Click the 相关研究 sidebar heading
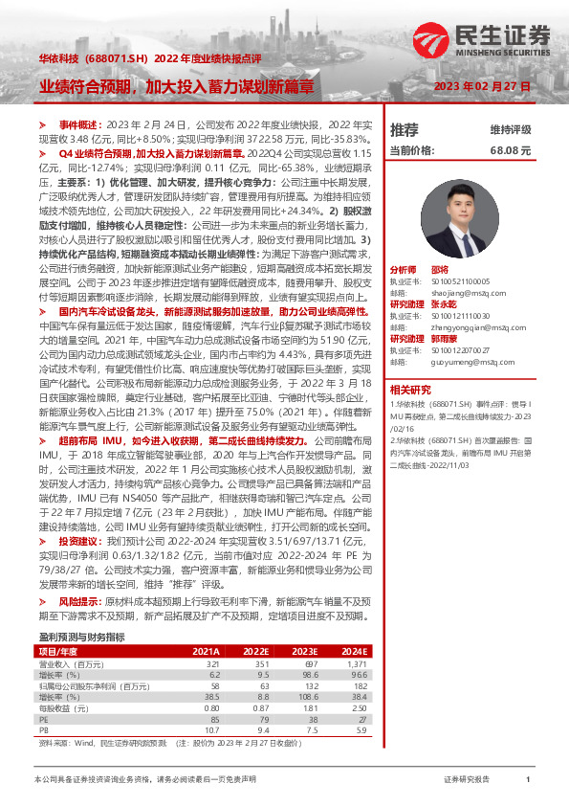click(412, 415)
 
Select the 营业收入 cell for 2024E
click(517, 662)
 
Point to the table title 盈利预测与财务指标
click(81, 637)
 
